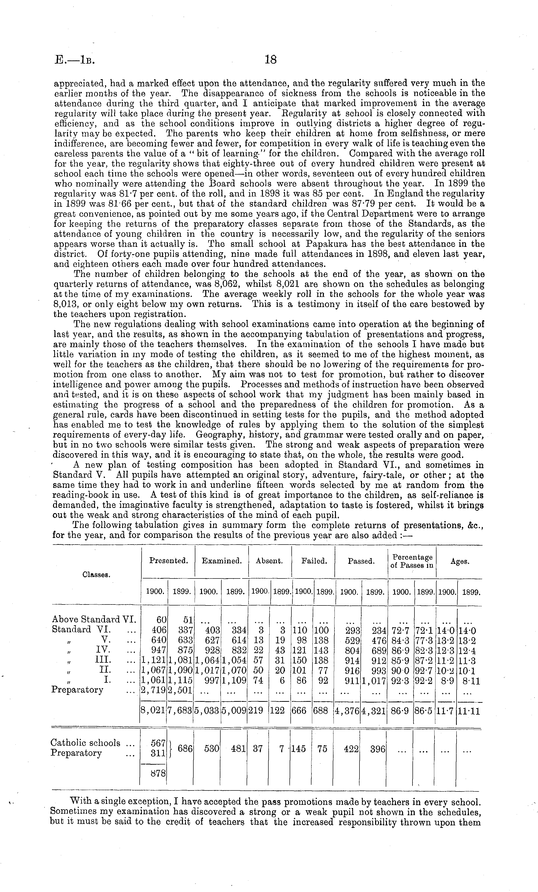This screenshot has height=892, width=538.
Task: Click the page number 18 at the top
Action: click(270, 59)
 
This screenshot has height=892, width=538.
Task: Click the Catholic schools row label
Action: click(85, 743)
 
